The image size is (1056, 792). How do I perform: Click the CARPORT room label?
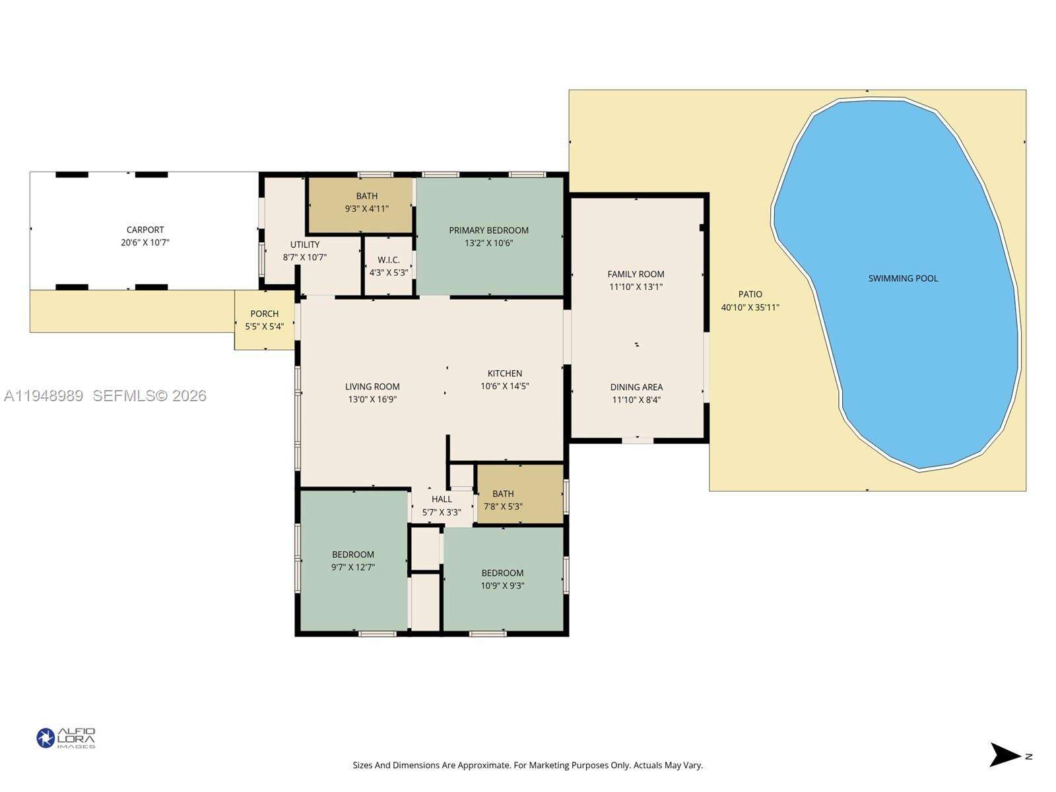coord(145,230)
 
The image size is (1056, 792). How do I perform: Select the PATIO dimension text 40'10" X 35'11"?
coord(750,308)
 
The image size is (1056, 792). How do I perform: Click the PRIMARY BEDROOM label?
coord(488,230)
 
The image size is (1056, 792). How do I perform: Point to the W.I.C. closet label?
coord(389,260)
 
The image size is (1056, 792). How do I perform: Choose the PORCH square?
coord(264,320)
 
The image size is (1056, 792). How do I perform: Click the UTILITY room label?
coord(305,245)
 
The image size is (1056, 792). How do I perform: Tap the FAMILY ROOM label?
coord(636,274)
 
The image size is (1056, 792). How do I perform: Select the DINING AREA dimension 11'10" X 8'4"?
coord(636,400)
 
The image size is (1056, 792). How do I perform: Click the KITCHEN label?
coord(505,374)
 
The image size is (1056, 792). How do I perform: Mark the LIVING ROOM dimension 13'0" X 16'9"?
coord(372,399)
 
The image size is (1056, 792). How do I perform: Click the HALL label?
coord(442,499)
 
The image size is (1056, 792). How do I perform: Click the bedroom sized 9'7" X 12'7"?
coord(353,561)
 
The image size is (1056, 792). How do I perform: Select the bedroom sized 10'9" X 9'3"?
coord(502,579)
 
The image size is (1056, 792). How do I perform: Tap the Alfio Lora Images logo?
coord(66,738)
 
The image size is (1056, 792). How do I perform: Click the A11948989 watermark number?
coord(44,396)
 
